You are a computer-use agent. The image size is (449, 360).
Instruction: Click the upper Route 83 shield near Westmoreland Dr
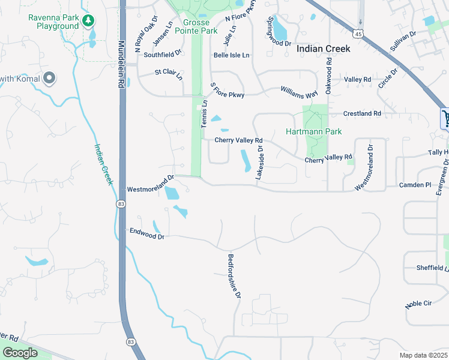(x=121, y=205)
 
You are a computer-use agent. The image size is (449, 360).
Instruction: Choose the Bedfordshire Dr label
(x=234, y=277)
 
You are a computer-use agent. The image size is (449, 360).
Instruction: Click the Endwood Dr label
(x=146, y=233)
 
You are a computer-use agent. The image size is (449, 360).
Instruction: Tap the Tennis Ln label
(x=204, y=113)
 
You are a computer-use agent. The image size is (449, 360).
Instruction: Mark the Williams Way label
(x=299, y=92)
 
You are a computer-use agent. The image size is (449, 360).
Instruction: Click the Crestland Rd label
(x=362, y=113)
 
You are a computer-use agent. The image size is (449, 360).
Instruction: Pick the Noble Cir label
(x=418, y=304)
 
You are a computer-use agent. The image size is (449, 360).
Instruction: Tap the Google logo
(x=20, y=353)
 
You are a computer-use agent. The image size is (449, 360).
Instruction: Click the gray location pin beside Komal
(x=49, y=78)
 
